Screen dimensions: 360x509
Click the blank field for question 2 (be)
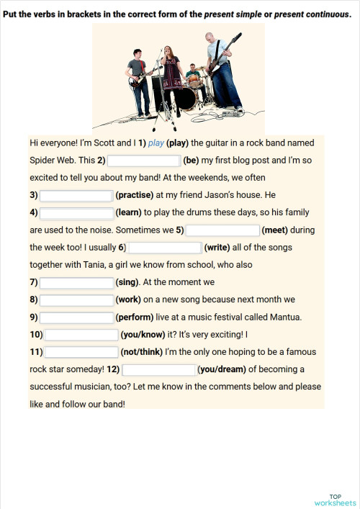(143, 161)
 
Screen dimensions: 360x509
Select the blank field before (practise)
(76, 195)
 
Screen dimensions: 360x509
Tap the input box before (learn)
(76, 212)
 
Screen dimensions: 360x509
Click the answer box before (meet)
(222, 230)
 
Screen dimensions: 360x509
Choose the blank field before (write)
(164, 248)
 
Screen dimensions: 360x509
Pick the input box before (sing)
(76, 282)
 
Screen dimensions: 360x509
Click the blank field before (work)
(76, 299)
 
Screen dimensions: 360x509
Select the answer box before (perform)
(76, 317)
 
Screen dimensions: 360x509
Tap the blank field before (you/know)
(81, 335)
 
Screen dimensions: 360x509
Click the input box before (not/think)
(81, 352)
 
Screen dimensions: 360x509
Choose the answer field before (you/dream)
(159, 370)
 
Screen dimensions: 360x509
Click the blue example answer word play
(156, 143)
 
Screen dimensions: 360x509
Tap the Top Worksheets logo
(335, 500)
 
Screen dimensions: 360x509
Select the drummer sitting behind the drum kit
(192, 74)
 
